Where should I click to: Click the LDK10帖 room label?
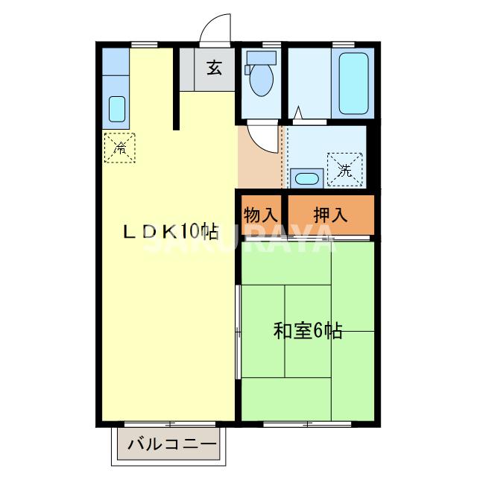170,231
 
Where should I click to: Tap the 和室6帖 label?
307,330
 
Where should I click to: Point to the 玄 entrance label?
215,69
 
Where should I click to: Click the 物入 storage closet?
260,215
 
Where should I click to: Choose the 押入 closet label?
329,215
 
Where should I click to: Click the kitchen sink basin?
117,109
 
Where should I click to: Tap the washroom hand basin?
305,178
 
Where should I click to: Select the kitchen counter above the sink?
116,64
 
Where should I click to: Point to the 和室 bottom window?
307,423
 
